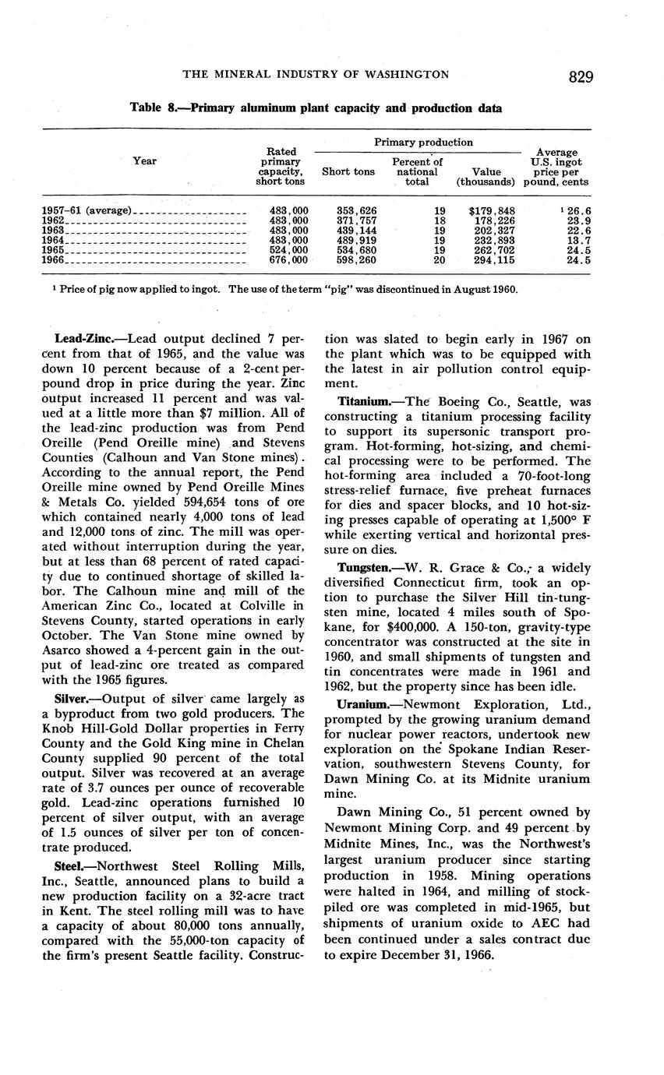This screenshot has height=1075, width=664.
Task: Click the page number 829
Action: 581,76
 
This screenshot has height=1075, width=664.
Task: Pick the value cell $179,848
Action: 491,210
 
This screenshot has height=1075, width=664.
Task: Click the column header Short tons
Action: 348,171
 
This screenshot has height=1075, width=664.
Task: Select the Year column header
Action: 144,160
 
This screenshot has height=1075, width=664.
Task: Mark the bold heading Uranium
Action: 362,704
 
